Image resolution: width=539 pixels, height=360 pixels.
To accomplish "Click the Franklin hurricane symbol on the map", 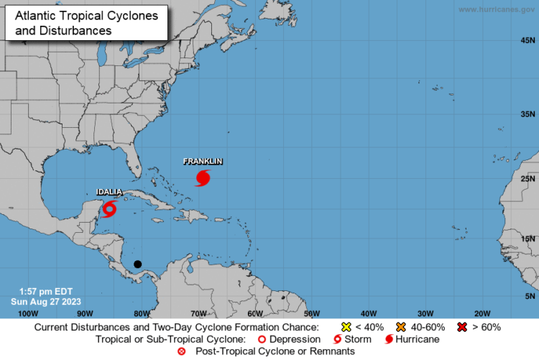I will click(203, 177).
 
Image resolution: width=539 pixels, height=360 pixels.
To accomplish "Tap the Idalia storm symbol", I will click(109, 208).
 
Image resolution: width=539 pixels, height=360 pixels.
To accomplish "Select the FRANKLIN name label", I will click(203, 162).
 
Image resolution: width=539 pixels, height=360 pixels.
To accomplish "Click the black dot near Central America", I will click(137, 264).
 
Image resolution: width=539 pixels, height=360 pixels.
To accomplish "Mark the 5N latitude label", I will click(530, 295).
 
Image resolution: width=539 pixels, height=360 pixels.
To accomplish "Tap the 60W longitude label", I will click(254, 313).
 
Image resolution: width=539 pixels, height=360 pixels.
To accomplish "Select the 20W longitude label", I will click(482, 313).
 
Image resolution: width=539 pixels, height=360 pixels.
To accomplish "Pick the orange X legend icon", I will click(401, 327).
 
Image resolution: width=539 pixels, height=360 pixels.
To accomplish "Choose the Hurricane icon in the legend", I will click(389, 338).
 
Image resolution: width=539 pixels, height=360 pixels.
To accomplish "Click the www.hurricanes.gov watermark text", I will click(497, 9).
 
